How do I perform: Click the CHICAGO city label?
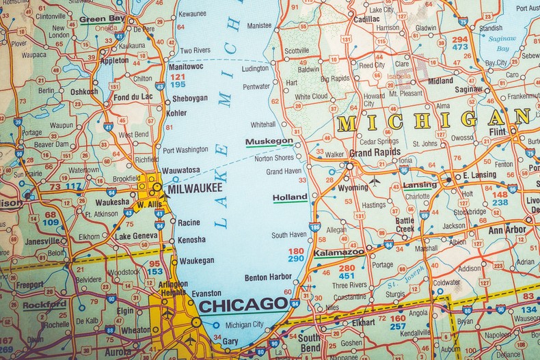(x=243, y=305)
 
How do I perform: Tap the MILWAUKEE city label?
(x=195, y=187)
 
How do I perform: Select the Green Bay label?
(x=102, y=19)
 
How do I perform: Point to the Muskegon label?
(x=269, y=141)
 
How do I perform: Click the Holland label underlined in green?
(x=290, y=197)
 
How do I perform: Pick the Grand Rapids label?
(x=375, y=152)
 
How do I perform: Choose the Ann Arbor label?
(x=507, y=230)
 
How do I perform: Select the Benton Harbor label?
(x=268, y=277)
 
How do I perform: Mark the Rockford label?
(x=44, y=304)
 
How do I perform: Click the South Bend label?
(x=308, y=342)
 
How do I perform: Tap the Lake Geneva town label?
(x=137, y=236)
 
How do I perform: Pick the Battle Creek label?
(x=404, y=225)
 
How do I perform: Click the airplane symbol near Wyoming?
(x=375, y=182)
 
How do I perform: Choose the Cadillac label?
(x=366, y=19)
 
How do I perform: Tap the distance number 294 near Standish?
(x=460, y=39)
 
